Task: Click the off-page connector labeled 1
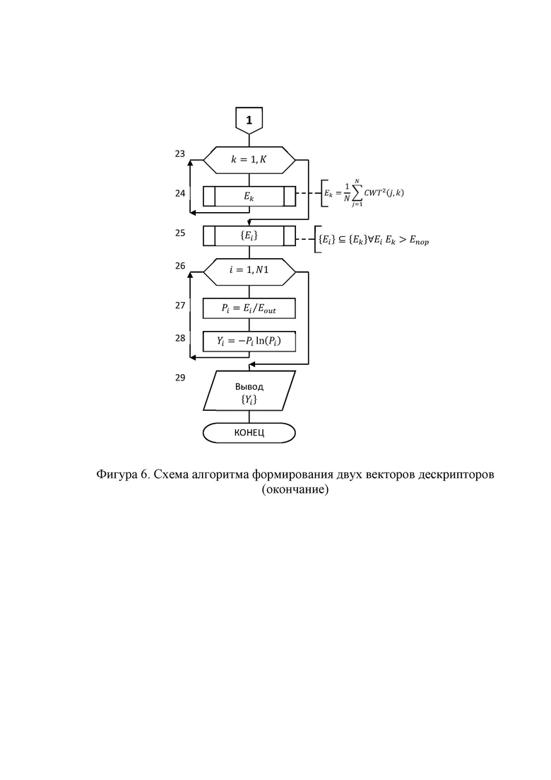249,120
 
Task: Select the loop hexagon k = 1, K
249,161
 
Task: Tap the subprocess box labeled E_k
249,196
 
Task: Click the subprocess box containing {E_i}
249,235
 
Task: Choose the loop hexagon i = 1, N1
249,272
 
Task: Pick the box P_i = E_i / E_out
249,308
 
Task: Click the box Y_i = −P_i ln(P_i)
249,342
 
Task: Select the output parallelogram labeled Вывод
249,390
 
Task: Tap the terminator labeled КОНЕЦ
249,433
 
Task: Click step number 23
180,153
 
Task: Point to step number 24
180,193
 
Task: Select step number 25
180,233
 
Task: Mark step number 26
180,266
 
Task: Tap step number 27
180,305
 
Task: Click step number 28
180,338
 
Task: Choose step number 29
180,378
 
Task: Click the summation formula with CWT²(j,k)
365,193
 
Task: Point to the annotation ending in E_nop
374,240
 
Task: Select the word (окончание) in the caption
295,490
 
